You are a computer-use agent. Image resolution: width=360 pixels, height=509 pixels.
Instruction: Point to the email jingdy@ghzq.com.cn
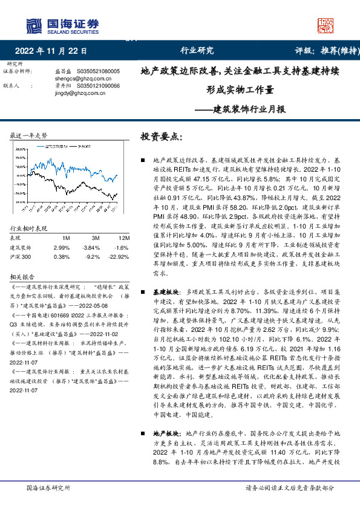pos(76,94)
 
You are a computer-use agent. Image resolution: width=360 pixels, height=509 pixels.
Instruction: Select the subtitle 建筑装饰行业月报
pos(241,110)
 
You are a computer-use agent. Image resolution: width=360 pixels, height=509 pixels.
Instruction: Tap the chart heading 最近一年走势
pos(29,135)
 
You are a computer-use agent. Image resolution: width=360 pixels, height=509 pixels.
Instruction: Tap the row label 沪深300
pos(22,256)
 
